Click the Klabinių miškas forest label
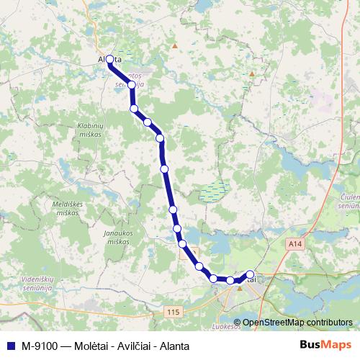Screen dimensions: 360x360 [x=91, y=130]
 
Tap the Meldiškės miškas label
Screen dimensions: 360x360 [x=70, y=207]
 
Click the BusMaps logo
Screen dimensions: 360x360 [x=330, y=345]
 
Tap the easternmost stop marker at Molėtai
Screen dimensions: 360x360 [x=250, y=274]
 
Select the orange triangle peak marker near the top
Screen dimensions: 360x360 [x=174, y=45]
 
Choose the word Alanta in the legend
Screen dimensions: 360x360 [x=172, y=345]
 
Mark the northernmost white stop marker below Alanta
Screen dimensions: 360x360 [x=132, y=85]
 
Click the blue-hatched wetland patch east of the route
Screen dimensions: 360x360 [x=213, y=192]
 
